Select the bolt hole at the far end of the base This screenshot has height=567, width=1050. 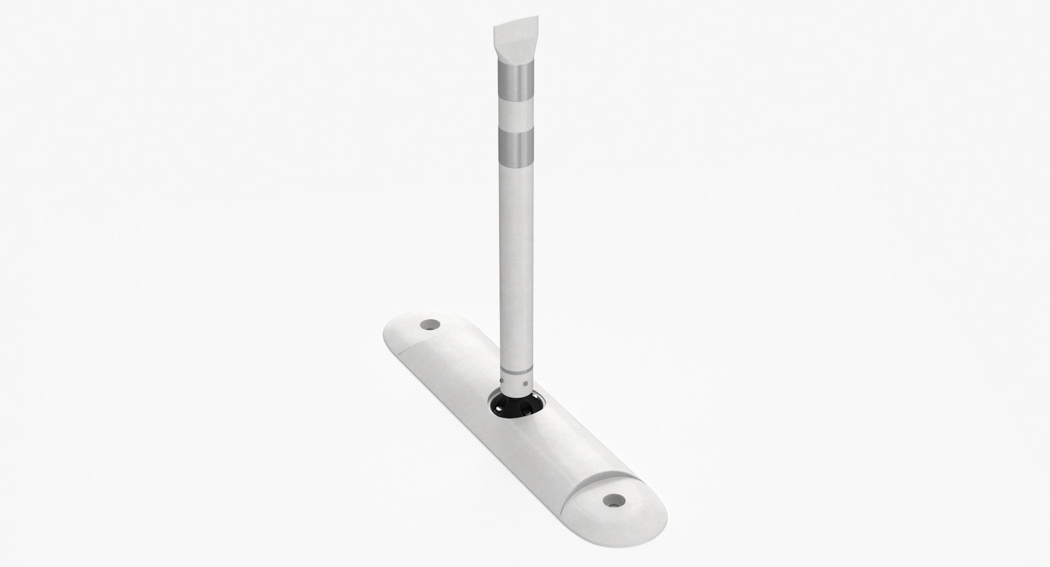431,324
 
